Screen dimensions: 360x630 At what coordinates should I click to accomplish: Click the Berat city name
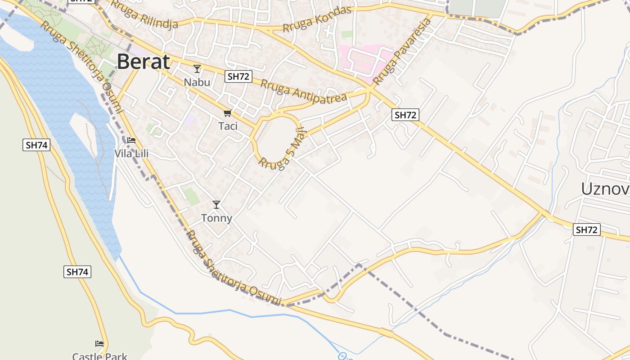click(x=144, y=62)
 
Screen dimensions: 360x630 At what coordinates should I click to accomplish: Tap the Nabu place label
click(x=197, y=82)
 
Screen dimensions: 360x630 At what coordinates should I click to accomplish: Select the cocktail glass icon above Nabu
click(x=197, y=69)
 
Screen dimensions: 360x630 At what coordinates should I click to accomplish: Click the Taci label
click(x=228, y=126)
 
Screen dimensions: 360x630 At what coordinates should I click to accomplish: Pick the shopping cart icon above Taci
click(x=228, y=113)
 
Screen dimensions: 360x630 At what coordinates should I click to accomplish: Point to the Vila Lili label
click(x=131, y=154)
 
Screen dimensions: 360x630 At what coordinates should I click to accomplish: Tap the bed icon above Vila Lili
click(x=131, y=140)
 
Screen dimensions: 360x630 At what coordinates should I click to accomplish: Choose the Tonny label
click(x=216, y=218)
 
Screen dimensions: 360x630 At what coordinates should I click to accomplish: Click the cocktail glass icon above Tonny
click(x=216, y=205)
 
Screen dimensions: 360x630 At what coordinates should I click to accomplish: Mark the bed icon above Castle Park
click(x=99, y=344)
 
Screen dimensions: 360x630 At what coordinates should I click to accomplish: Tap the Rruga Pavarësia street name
click(x=402, y=52)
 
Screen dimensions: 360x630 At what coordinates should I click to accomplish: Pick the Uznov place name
click(x=605, y=189)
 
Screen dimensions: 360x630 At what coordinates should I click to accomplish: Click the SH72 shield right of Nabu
click(x=238, y=76)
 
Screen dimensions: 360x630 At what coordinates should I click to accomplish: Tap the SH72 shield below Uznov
click(x=587, y=230)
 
